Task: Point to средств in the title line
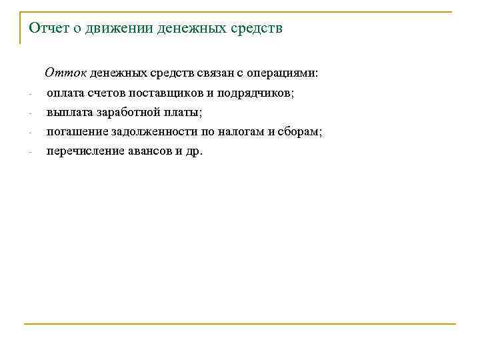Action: [x=256, y=29]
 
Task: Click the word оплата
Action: [x=64, y=94]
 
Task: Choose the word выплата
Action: [x=67, y=113]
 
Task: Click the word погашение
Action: [x=73, y=132]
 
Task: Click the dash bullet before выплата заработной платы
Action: [x=30, y=113]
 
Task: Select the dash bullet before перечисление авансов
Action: [x=30, y=151]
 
